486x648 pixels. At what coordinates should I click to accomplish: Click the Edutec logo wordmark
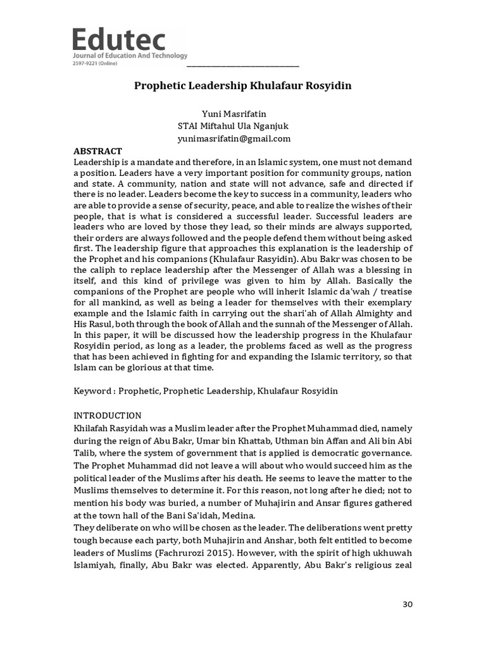tap(119, 40)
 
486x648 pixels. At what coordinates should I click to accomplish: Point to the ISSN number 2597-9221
tap(86, 63)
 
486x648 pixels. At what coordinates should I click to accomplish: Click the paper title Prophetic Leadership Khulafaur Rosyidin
tap(242, 85)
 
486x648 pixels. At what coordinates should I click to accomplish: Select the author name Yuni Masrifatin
tap(234, 114)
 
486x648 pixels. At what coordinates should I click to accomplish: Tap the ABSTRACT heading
tap(97, 151)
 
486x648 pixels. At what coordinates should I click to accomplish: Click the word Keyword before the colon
tap(92, 391)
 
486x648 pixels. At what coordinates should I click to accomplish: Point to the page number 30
tap(407, 604)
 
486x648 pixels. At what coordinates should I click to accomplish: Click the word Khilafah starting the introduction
tap(93, 428)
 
